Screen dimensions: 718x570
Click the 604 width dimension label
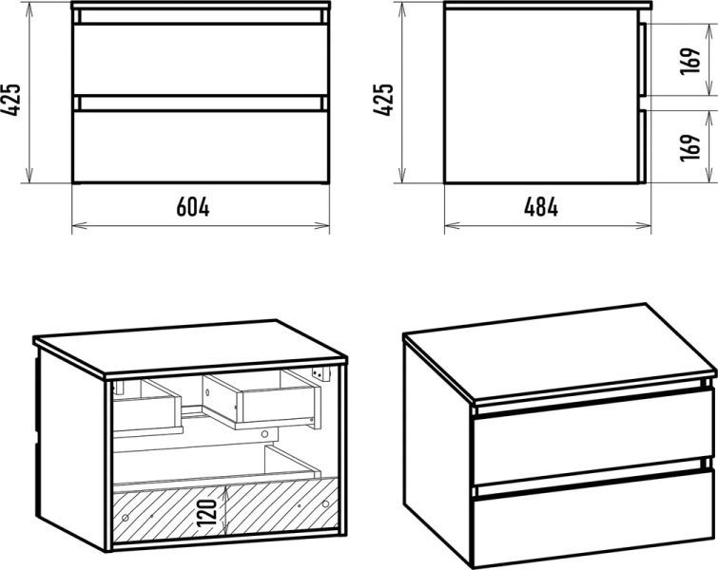[x=193, y=207]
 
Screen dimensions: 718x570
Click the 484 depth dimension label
[x=541, y=207]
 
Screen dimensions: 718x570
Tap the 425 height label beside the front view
[x=11, y=100]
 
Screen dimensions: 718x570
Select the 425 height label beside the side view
[x=383, y=100]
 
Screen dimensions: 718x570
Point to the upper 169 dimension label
[x=691, y=60]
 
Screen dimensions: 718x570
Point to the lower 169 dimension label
[x=691, y=147]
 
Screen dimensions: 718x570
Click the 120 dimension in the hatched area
[x=207, y=513]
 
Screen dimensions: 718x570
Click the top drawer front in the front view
[x=201, y=60]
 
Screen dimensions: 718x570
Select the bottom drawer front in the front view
[x=201, y=146]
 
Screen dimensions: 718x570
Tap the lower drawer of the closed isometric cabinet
[x=593, y=520]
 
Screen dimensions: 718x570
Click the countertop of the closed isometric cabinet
[x=559, y=352]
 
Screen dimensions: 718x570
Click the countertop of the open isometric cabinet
[x=189, y=348]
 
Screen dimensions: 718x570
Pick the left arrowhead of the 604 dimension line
[x=79, y=225]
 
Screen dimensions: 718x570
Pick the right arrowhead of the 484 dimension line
[x=644, y=225]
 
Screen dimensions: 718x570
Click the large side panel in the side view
[x=542, y=96]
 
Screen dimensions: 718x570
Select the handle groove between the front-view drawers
[x=201, y=104]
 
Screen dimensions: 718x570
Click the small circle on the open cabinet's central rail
[x=264, y=434]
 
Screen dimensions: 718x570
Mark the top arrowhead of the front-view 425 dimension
[x=29, y=9]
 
